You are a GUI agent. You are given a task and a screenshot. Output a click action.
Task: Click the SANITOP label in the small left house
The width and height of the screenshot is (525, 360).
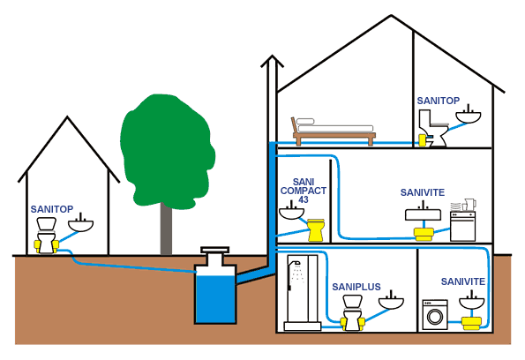(52, 209)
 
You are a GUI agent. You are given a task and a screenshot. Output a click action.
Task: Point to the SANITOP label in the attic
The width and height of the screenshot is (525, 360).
(439, 101)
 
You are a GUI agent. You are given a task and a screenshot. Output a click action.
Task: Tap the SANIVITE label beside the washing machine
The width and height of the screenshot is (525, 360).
(462, 281)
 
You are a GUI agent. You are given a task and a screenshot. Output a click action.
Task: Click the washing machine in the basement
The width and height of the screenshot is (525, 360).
(437, 312)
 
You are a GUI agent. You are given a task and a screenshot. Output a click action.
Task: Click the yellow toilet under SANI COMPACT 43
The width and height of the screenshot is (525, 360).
(315, 229)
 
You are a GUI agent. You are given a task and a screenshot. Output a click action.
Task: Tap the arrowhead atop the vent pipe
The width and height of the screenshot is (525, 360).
(273, 63)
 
